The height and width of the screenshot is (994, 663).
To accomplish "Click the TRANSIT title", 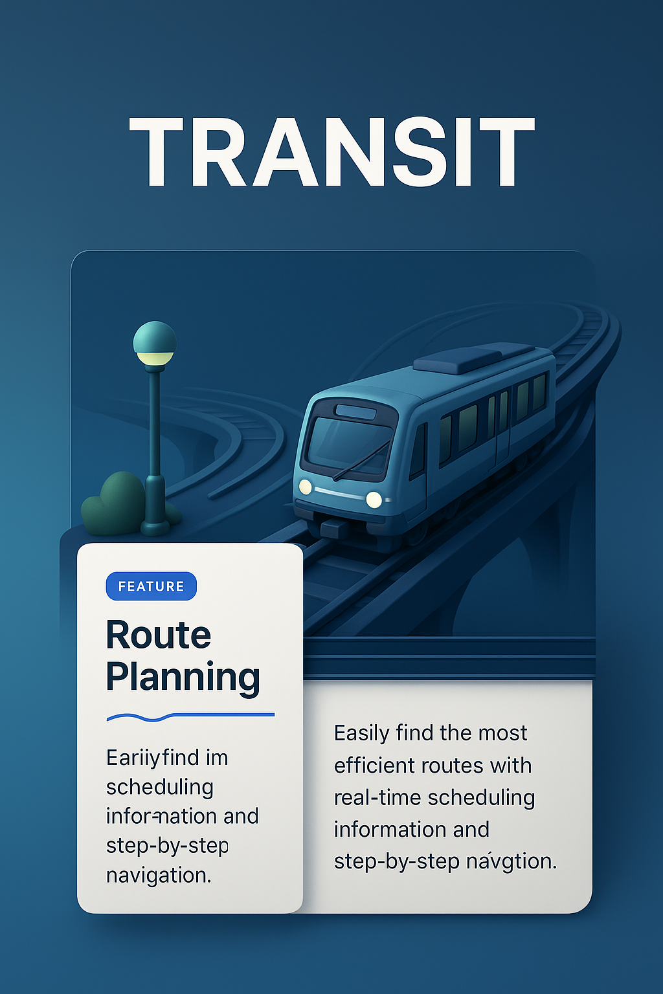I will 331,153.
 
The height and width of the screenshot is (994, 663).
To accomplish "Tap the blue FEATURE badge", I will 151,586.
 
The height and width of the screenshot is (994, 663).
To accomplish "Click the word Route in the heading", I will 159,635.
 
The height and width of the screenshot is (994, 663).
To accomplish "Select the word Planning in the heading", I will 183,678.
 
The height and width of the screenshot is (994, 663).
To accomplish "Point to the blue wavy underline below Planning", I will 190,716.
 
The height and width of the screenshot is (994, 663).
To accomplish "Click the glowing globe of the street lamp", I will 155,343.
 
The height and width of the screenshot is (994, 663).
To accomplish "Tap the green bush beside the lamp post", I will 114,505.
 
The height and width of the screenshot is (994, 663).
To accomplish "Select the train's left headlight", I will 305,487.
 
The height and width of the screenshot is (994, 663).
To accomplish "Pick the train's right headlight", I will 374,499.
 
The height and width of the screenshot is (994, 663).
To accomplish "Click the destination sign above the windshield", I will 355,412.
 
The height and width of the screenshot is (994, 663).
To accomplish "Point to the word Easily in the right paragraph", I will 361,734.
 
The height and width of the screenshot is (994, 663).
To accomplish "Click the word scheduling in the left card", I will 160,788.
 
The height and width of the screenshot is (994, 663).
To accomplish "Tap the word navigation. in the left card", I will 159,876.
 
